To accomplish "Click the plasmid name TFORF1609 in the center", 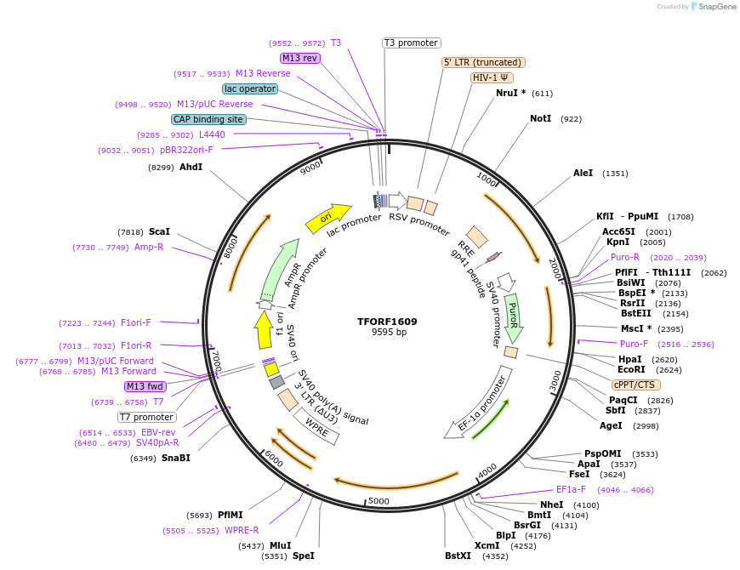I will pos(387,322).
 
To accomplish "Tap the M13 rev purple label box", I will pos(299,58).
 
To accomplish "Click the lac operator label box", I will pos(249,88).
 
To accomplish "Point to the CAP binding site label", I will pos(208,119).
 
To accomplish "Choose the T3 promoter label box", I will pos(411,43).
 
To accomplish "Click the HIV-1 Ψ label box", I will pos(492,77).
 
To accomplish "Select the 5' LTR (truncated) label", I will pos(483,62).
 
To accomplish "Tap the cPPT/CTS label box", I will pos(634,385).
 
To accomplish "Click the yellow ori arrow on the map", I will pos(328,218).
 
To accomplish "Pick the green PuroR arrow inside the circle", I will pos(513,311).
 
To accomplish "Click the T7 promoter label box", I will pos(146,417).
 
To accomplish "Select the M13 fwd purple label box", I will pos(145,386).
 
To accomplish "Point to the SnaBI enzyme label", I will pos(175,458).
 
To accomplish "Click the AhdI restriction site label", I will pos(191,167).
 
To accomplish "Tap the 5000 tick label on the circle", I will pos(379,500).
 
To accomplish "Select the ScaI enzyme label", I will pos(159,231).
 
